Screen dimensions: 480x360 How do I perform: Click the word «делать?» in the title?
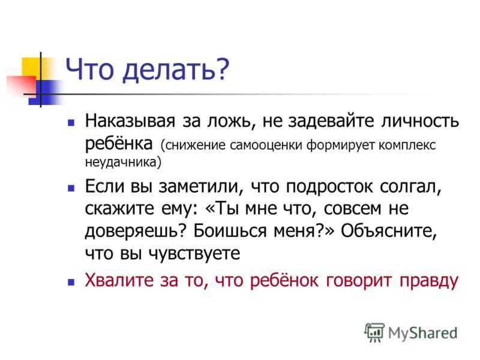(176, 70)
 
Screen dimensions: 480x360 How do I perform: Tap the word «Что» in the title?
(89, 69)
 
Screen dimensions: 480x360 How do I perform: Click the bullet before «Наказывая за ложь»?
(71, 123)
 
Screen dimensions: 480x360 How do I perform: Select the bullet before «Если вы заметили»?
(71, 188)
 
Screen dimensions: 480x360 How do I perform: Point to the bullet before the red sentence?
(71, 281)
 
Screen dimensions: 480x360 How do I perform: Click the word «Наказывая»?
(130, 121)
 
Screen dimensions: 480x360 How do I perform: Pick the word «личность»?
(420, 121)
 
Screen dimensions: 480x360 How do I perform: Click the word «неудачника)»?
(123, 162)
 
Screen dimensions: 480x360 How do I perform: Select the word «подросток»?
(329, 187)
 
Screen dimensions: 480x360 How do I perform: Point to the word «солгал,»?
(410, 187)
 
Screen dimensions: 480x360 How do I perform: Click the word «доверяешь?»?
(136, 232)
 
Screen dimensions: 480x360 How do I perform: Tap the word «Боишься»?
(230, 231)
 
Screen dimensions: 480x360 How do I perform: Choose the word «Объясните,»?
(389, 232)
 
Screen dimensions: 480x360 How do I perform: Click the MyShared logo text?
(423, 333)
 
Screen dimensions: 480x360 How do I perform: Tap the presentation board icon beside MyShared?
(374, 332)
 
